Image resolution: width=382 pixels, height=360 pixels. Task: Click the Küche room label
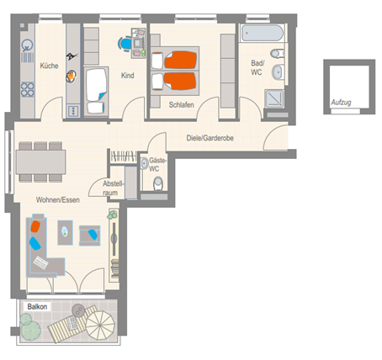coord(49,66)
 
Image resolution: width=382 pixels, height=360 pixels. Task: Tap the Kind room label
coord(127,76)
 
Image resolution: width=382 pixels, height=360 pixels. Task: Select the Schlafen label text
coord(181,105)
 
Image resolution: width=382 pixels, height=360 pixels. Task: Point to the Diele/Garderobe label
coord(210,138)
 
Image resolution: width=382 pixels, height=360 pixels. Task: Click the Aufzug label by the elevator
coord(341,103)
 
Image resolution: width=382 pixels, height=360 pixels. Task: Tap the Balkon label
coord(37,307)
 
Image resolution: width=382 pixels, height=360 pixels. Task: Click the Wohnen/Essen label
coord(58,200)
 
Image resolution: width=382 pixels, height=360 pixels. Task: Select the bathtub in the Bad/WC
coord(263,33)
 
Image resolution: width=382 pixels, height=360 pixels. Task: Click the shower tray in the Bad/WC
coord(274,98)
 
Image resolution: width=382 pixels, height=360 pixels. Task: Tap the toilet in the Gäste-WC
coord(158,183)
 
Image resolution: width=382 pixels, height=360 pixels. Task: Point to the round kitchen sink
coord(27,45)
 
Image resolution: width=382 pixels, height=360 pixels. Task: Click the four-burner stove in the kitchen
coord(28,89)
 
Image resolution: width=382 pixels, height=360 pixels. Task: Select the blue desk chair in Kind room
coord(125,44)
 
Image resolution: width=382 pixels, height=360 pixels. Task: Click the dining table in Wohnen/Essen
coord(40,162)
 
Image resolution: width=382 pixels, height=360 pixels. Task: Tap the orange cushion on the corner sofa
coord(35,226)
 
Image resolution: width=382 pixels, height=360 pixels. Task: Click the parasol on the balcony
coord(100,326)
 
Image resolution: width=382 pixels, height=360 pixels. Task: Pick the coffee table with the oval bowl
coord(65,232)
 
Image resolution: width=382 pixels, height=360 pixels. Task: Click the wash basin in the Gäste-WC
coord(145,164)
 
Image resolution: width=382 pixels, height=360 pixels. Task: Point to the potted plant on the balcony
coord(30,327)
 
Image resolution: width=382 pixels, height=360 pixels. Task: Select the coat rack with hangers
coord(124,156)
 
